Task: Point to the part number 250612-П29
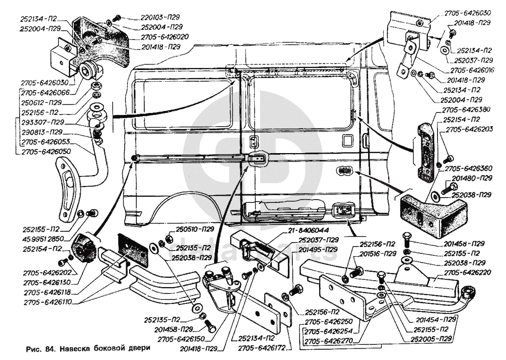(41, 103)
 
